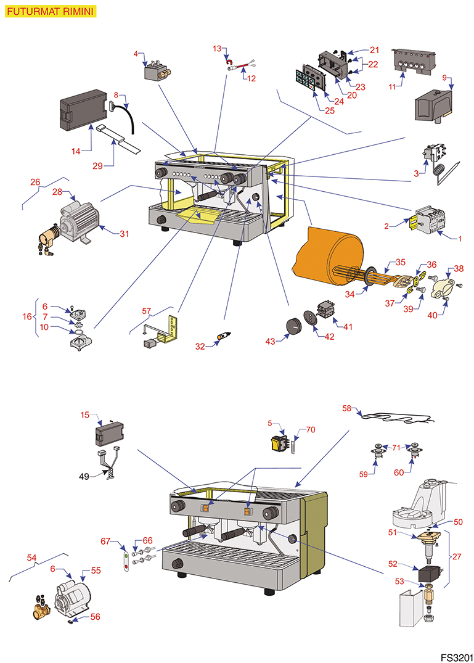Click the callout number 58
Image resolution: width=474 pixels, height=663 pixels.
[347, 408]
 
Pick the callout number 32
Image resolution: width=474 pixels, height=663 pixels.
[200, 347]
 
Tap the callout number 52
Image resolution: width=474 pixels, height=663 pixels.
[393, 564]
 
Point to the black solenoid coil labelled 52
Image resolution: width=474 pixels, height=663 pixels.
[428, 575]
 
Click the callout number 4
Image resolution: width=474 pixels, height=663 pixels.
[136, 54]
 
